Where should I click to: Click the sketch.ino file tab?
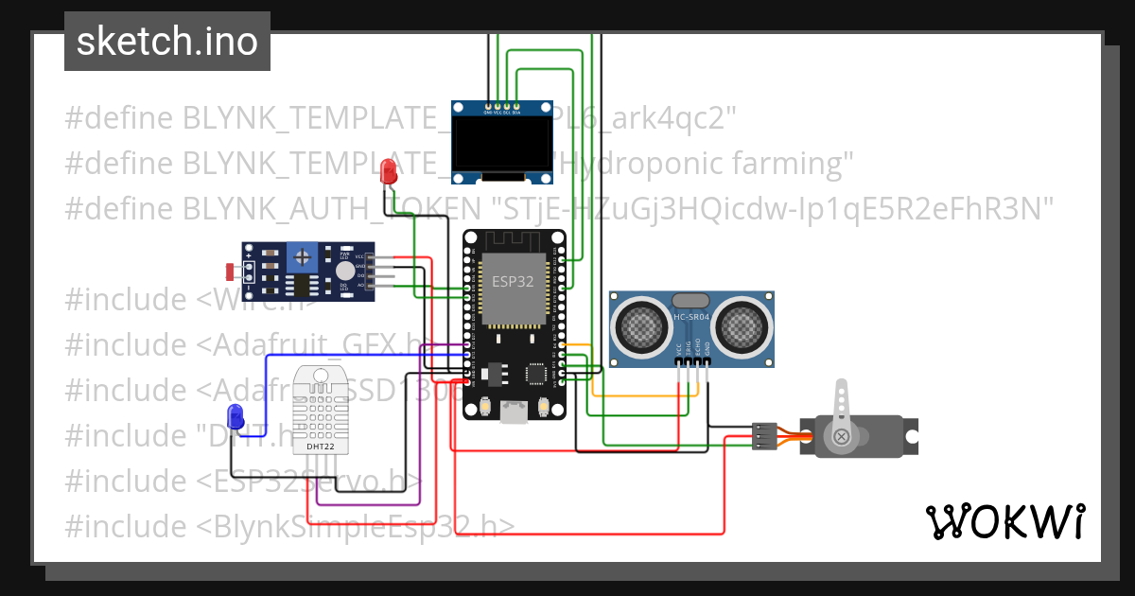pos(167,42)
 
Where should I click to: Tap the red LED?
pos(387,172)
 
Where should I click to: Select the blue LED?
pos(236,415)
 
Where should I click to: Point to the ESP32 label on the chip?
pos(512,281)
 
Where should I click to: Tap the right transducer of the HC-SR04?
pos(743,324)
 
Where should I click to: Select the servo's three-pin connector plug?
pos(764,435)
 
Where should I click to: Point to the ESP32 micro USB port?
pos(514,412)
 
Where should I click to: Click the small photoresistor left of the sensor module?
pos(230,272)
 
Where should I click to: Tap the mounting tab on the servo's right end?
pos(910,436)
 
